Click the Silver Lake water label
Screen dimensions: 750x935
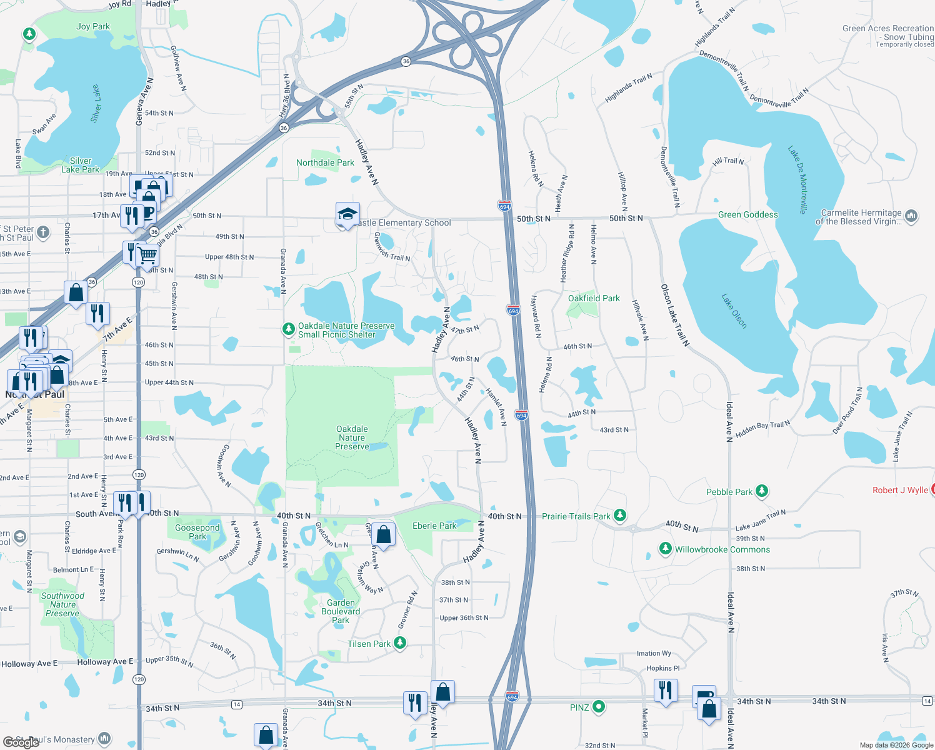[96, 104]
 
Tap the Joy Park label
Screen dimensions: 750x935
[93, 26]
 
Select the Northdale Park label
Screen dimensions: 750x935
[325, 162]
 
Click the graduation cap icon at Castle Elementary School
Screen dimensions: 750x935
[347, 214]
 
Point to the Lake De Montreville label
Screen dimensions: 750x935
[797, 180]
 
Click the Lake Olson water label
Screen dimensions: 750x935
[734, 311]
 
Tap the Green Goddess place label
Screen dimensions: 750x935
[747, 214]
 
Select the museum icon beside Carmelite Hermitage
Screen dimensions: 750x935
[911, 216]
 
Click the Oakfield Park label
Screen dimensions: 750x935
[594, 298]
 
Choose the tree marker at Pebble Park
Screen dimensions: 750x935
[761, 491]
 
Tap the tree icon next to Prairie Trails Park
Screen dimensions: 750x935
[619, 515]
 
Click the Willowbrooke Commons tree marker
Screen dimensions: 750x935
[666, 549]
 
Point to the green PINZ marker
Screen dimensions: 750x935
[598, 707]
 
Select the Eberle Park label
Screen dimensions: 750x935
[434, 526]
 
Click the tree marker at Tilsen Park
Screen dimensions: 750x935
[400, 642]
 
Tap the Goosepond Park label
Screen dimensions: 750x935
[197, 532]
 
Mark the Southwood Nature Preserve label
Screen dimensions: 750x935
[62, 604]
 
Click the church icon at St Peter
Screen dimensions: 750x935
[43, 232]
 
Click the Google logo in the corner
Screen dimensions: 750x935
[21, 742]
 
